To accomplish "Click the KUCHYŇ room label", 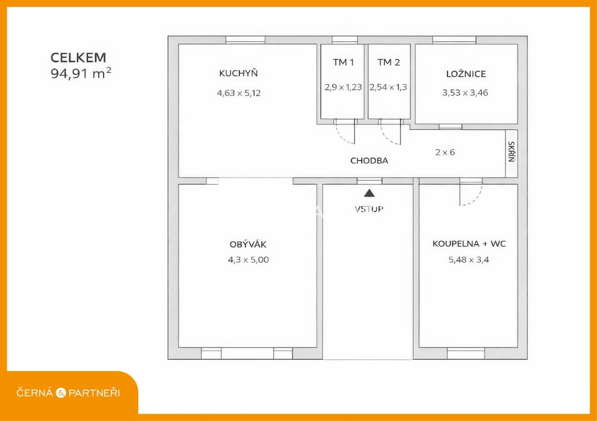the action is click(x=238, y=73).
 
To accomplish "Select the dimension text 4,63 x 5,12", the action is click(x=238, y=93).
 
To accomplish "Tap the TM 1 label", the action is click(x=343, y=62).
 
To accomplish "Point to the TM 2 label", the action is click(x=389, y=62).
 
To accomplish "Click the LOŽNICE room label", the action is click(x=466, y=73).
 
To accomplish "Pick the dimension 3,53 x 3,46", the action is click(x=465, y=93).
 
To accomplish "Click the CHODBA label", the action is click(x=369, y=161).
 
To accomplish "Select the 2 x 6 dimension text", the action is click(x=445, y=152).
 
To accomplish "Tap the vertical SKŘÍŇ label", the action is click(x=511, y=152).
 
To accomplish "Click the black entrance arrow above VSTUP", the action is click(x=369, y=193).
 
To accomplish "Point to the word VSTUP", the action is click(x=369, y=209).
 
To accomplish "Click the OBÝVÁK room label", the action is click(x=248, y=244).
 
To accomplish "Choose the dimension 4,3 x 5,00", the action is click(x=248, y=260).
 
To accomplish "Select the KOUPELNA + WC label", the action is click(x=469, y=244).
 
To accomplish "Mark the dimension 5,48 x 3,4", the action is click(x=469, y=260).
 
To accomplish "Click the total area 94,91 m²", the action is click(x=80, y=73).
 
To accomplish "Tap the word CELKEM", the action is click(x=79, y=58).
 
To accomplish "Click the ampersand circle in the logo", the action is click(x=61, y=393).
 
